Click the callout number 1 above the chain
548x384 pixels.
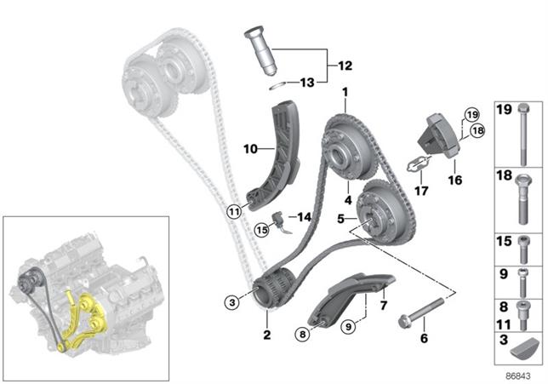(345, 92)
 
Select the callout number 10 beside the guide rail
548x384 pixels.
(250, 149)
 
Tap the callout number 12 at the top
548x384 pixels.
(344, 65)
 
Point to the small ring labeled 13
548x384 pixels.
(275, 84)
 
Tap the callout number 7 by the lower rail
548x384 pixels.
(383, 304)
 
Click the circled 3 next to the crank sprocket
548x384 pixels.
(230, 301)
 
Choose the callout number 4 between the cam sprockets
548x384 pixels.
(347, 201)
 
